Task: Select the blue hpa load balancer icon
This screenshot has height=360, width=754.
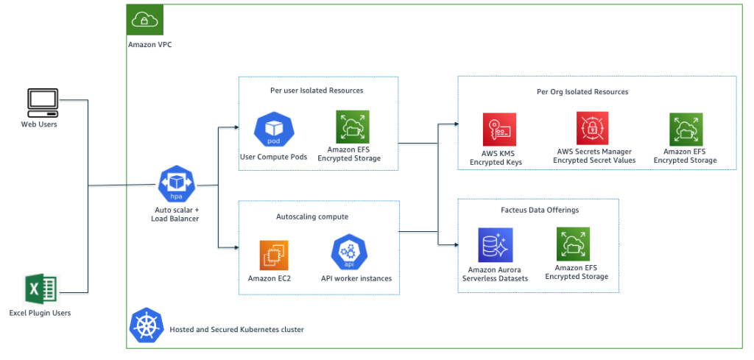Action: coord(176,184)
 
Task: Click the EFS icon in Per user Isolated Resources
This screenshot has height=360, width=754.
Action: coord(353,127)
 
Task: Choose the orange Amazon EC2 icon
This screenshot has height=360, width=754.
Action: coord(274,255)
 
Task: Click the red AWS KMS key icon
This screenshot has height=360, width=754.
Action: coord(499,130)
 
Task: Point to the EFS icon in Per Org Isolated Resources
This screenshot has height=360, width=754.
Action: coord(686,129)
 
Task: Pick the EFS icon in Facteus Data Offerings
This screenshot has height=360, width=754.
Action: coord(573,244)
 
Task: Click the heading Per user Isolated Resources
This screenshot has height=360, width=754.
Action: coord(317,91)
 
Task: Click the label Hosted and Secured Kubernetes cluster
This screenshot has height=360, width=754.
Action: coord(236,330)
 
